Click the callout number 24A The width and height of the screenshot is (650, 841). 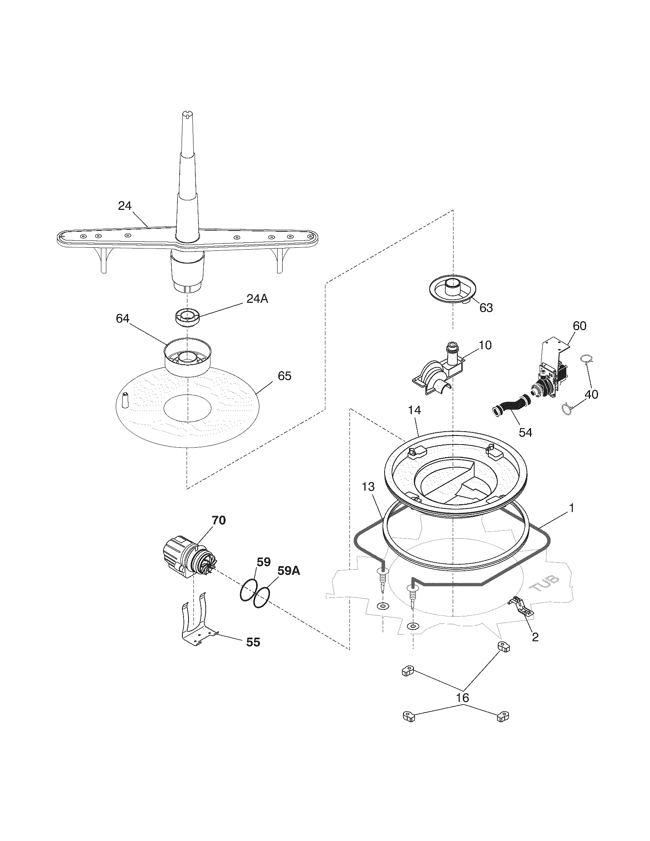pos(257,299)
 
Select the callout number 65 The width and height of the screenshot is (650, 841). pos(284,376)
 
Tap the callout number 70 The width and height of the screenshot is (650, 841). pos(219,521)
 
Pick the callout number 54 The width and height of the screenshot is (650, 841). pos(525,432)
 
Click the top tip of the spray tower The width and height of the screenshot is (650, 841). pos(186,113)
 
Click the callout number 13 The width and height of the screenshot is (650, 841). pos(368,487)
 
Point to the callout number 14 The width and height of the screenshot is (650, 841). pos(415,411)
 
